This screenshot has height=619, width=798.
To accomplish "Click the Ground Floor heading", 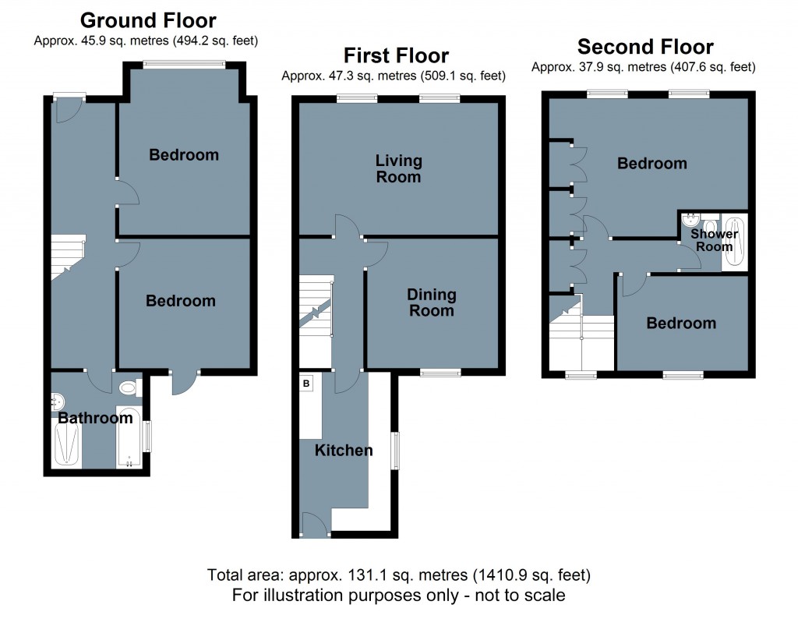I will click(148, 20).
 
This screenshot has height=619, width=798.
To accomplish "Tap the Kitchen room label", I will click(344, 451).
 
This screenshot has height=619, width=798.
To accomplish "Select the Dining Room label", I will click(431, 302).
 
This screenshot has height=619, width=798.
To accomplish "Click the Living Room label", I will click(398, 168).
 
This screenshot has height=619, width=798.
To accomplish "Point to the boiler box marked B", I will click(306, 383).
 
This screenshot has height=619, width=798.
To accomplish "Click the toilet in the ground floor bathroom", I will click(128, 387).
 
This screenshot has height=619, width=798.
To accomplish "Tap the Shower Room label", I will click(714, 240).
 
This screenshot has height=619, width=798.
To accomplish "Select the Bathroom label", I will click(95, 419).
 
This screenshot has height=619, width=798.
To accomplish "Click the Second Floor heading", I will click(644, 47).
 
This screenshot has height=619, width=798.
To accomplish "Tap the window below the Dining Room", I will click(439, 373).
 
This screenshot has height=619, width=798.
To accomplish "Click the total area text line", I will click(398, 576).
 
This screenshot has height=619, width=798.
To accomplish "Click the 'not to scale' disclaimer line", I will click(398, 596).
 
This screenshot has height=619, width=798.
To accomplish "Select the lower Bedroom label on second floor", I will click(680, 323).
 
